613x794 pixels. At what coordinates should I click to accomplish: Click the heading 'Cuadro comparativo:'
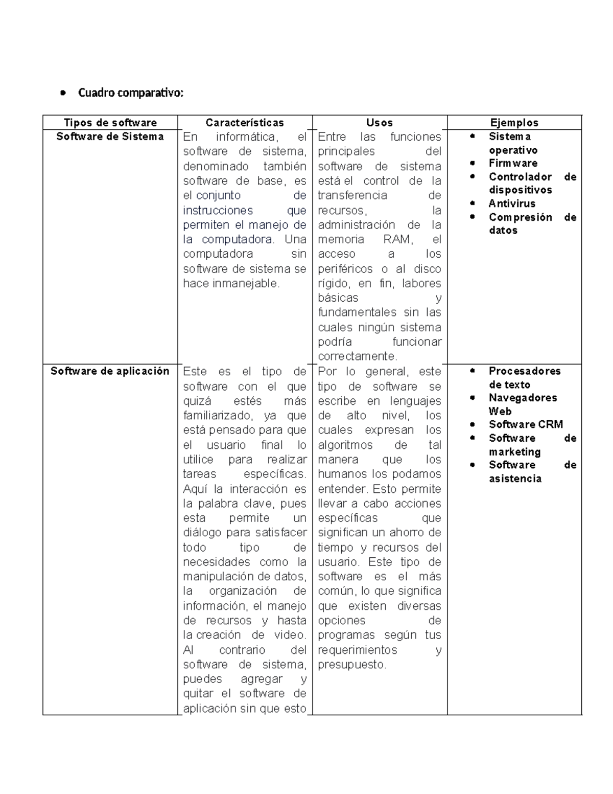pyautogui.click(x=130, y=93)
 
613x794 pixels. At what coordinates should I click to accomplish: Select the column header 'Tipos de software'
pyautogui.click(x=110, y=123)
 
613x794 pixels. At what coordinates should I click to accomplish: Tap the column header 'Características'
pyautogui.click(x=245, y=123)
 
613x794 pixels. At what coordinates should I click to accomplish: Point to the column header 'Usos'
pyautogui.click(x=380, y=123)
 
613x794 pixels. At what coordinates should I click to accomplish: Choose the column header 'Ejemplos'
pyautogui.click(x=514, y=123)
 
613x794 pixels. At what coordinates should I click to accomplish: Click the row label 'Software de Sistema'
pyautogui.click(x=110, y=137)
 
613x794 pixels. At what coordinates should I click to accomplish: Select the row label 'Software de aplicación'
pyautogui.click(x=110, y=371)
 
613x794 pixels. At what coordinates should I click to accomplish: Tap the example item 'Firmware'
pyautogui.click(x=513, y=163)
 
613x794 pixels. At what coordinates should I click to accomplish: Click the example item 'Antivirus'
pyautogui.click(x=512, y=203)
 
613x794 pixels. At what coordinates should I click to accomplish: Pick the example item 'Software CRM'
pyautogui.click(x=526, y=424)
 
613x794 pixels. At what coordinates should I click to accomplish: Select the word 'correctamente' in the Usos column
pyautogui.click(x=357, y=356)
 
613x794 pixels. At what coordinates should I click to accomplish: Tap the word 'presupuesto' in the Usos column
pyautogui.click(x=351, y=665)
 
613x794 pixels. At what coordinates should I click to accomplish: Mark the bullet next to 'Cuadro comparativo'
pyautogui.click(x=63, y=93)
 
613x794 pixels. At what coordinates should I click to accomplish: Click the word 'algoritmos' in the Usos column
pyautogui.click(x=345, y=445)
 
